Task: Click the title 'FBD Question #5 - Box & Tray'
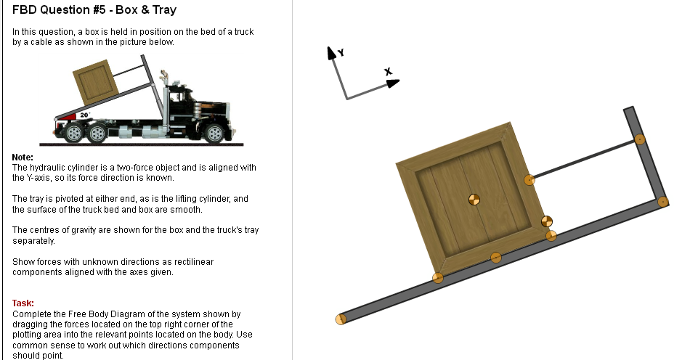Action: click(x=94, y=10)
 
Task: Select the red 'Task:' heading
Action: click(x=23, y=303)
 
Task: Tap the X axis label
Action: click(x=388, y=72)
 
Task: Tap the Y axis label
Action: click(x=341, y=53)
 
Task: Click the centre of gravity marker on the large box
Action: click(x=474, y=199)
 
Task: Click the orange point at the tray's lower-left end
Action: click(x=340, y=319)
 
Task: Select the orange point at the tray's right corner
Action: click(x=662, y=202)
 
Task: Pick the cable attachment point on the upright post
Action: click(x=639, y=139)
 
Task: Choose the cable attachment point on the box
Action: click(x=529, y=179)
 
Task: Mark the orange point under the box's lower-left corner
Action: click(x=437, y=277)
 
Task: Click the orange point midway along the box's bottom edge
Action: click(x=495, y=257)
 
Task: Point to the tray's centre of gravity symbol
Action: click(x=547, y=221)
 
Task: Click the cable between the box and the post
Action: click(x=585, y=158)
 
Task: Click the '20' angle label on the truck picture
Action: click(x=84, y=115)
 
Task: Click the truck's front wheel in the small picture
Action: click(x=214, y=133)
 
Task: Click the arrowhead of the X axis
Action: click(x=393, y=83)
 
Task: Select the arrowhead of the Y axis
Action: click(x=331, y=52)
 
